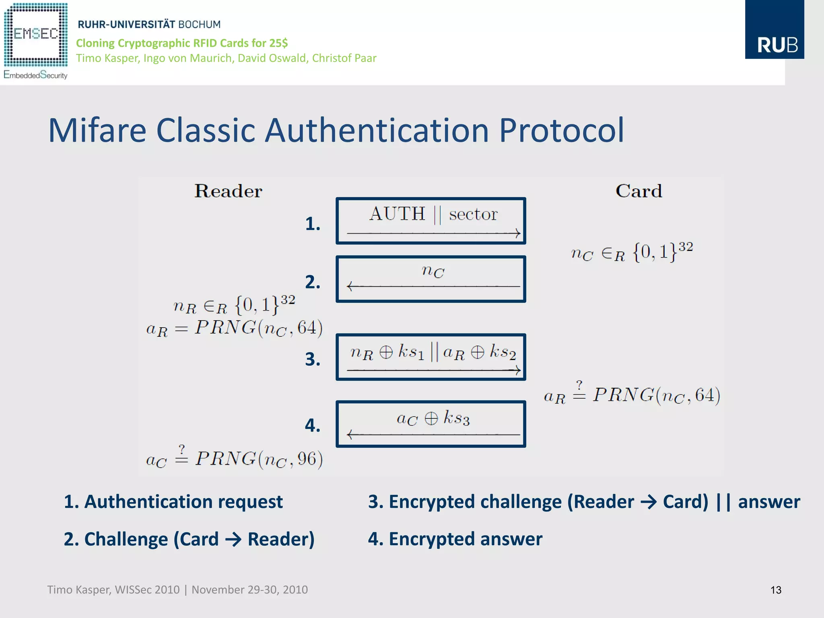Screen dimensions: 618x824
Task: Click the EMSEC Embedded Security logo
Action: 35,40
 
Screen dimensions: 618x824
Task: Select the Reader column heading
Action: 228,191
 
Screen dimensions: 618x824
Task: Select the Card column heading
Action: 639,191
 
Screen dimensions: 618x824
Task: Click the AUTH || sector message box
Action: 431,221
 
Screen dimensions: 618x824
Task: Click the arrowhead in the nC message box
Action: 350,286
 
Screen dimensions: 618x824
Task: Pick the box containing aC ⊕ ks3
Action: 431,424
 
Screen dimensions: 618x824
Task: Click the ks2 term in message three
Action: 503,353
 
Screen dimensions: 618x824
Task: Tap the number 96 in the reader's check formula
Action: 307,458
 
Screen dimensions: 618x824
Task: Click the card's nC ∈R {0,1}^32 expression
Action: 632,252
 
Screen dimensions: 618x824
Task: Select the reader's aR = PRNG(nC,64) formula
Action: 234,328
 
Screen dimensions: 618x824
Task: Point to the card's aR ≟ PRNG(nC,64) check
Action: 632,394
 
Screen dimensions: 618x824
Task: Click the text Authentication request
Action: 183,502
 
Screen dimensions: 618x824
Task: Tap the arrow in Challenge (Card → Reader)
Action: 233,540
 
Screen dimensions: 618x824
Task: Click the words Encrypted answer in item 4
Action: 465,539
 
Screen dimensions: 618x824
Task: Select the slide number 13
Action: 775,590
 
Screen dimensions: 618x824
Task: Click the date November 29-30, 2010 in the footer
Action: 249,590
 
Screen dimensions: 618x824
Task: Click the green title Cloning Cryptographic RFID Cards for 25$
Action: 182,43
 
